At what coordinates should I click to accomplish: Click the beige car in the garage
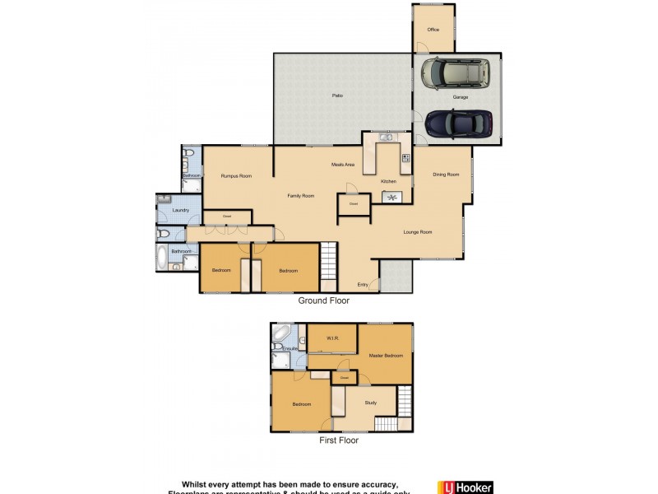click(455, 74)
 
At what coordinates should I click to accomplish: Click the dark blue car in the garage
click(458, 123)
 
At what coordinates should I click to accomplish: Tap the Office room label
click(433, 30)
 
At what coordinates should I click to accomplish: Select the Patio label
click(337, 96)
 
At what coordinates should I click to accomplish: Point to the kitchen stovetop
click(405, 157)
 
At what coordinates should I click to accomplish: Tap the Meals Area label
click(343, 165)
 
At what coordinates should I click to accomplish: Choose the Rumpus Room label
click(235, 176)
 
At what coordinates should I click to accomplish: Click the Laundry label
click(181, 211)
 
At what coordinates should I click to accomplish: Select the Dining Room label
click(446, 174)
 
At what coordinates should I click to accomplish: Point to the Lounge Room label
click(418, 232)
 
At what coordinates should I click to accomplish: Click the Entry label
click(362, 285)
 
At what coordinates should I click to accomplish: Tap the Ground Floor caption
click(323, 301)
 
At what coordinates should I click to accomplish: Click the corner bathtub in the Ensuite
click(283, 335)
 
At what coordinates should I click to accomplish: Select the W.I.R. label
click(332, 338)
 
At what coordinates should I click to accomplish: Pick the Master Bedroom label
click(387, 356)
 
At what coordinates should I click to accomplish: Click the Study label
click(370, 403)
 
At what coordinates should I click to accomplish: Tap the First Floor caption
click(338, 440)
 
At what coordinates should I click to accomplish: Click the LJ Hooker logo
click(465, 487)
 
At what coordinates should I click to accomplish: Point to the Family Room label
click(301, 196)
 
